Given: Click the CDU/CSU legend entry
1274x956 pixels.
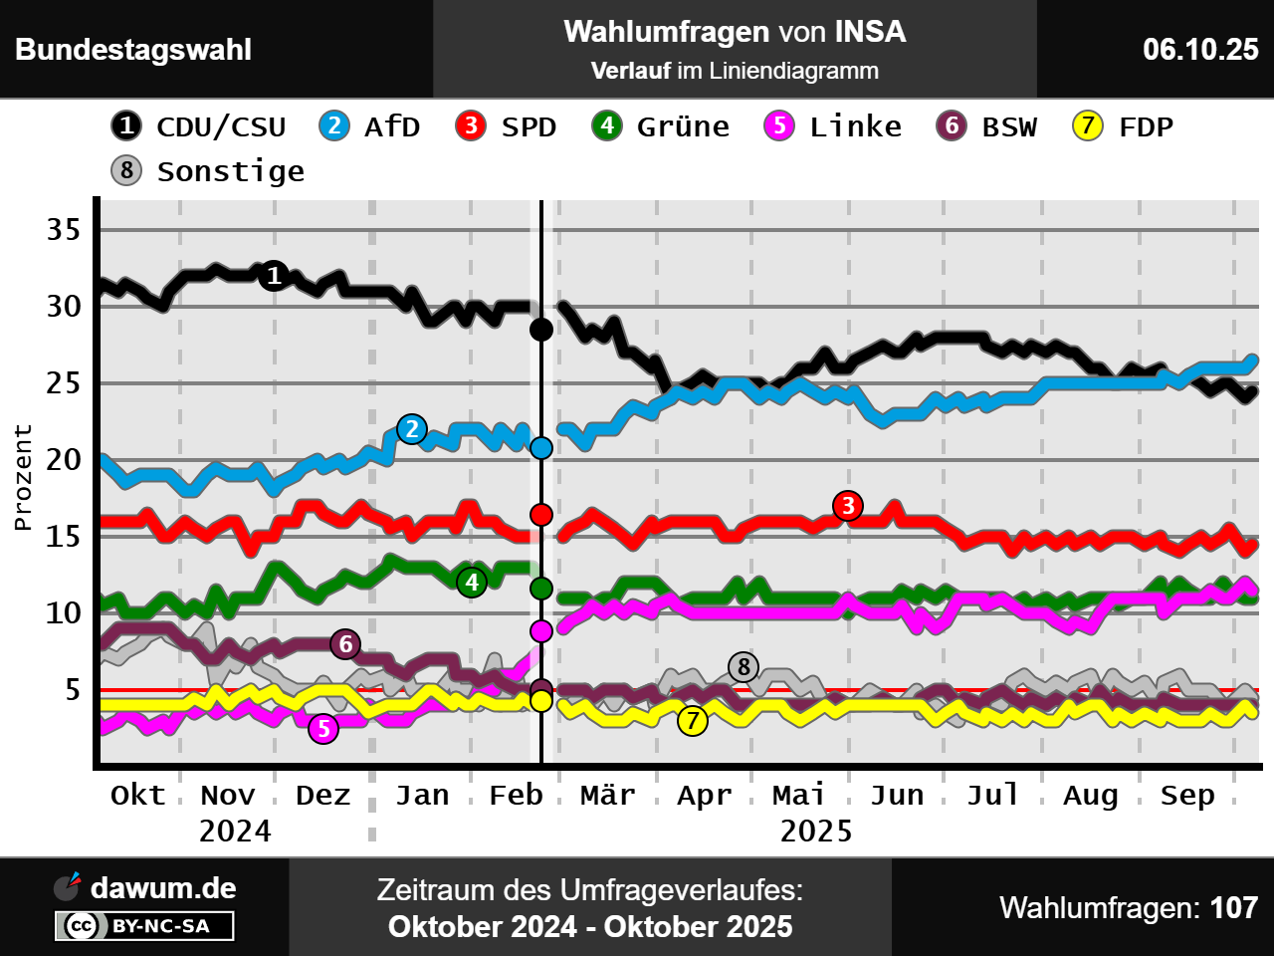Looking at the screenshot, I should coord(199,126).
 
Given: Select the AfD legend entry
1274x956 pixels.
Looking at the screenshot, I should coord(370,126).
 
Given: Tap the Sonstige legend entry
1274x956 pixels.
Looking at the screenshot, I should coord(208,171).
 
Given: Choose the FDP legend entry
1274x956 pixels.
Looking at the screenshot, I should coord(1124,126).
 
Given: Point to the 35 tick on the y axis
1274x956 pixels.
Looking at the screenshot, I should coord(64,230).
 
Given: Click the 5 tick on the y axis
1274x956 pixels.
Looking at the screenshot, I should coord(73,689).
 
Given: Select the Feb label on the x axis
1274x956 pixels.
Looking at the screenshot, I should coord(516,795).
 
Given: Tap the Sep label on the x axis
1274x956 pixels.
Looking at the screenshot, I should coord(1187,795).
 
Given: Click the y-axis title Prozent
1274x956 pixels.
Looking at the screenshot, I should coord(23,477).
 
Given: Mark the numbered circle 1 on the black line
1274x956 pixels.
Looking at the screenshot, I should coord(275,276).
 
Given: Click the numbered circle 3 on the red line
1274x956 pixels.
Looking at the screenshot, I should coord(848,506).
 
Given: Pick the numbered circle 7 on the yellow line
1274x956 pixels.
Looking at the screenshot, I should coord(693,720).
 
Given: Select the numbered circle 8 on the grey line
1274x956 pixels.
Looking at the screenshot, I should coord(743,666).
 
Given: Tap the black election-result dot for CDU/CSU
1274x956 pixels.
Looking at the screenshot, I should coord(541,329).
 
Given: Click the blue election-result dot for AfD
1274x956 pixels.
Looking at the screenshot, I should coord(541,448).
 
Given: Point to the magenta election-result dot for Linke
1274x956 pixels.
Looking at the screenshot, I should coord(541,630).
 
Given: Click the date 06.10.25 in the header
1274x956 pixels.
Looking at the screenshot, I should coord(1200,50).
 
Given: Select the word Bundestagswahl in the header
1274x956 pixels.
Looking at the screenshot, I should coord(133,50).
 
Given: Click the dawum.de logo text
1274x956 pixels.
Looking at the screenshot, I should coord(163,887).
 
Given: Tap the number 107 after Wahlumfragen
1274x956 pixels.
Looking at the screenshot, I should coord(1234,907).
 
